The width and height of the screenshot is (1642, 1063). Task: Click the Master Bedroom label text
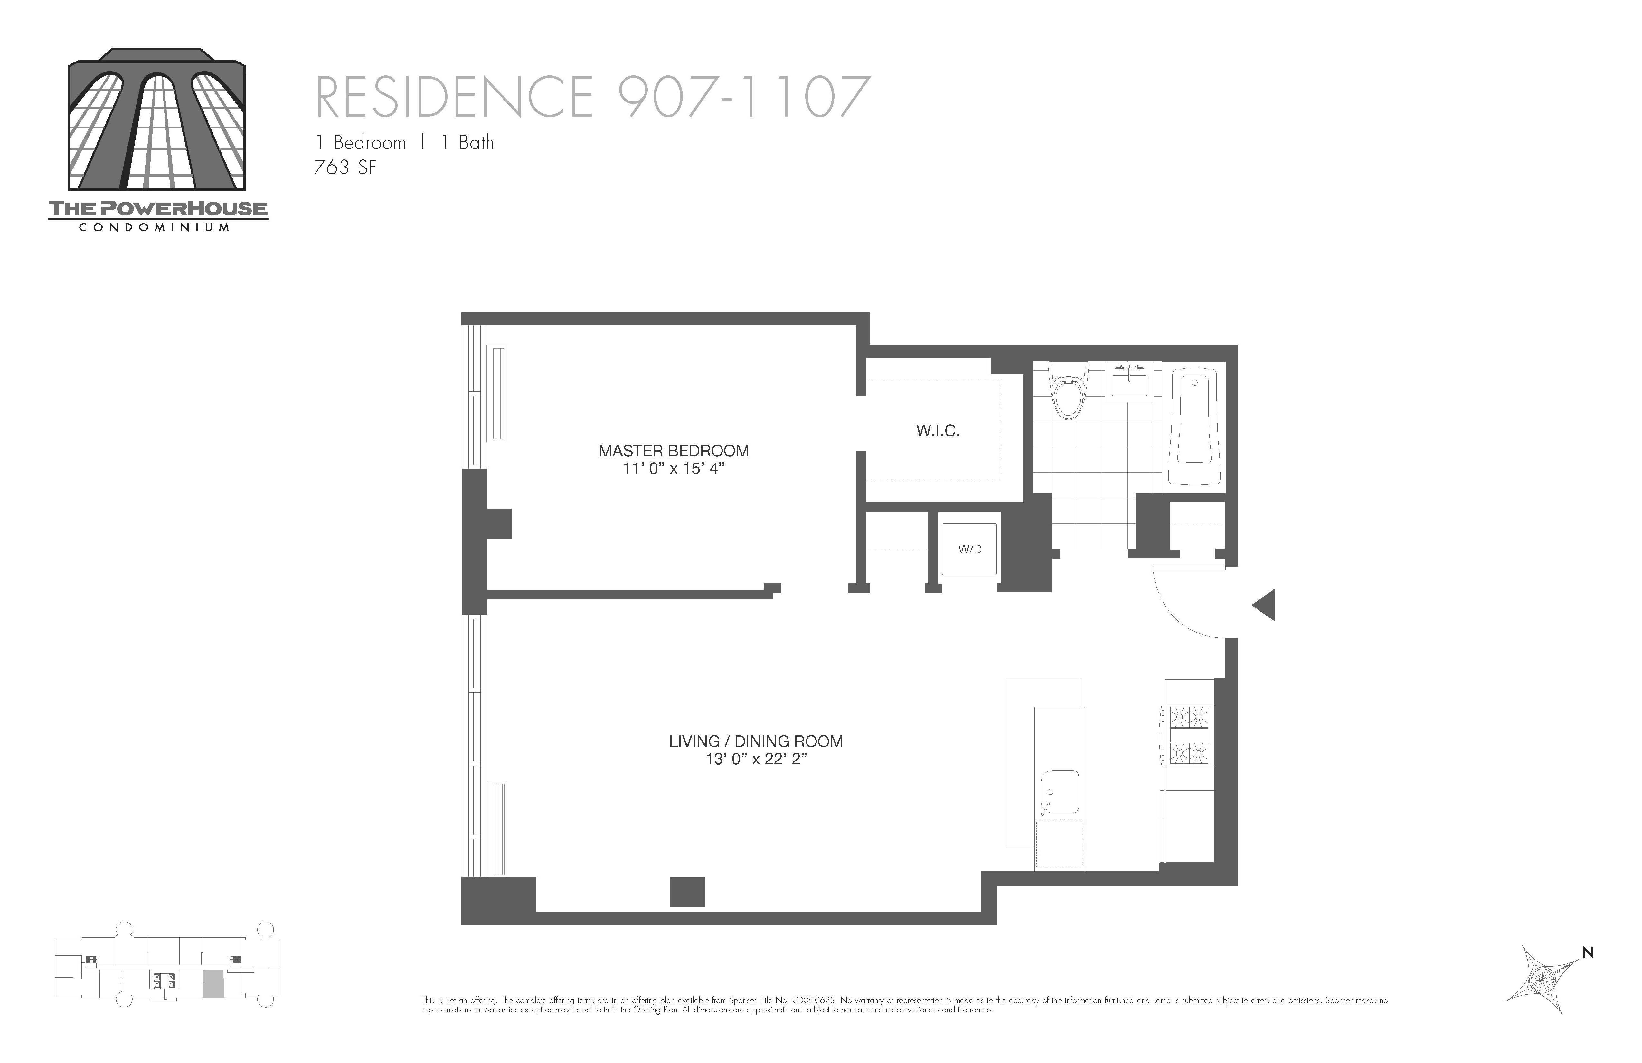[673, 451]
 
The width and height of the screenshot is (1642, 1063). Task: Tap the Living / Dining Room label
[755, 741]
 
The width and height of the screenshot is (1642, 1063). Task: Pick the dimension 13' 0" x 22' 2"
[755, 759]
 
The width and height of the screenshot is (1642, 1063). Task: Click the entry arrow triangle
[1265, 605]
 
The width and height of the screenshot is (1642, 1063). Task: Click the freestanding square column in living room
[687, 892]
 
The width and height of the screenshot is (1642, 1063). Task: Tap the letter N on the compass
[1588, 953]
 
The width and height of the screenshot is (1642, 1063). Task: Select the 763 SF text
[345, 168]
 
